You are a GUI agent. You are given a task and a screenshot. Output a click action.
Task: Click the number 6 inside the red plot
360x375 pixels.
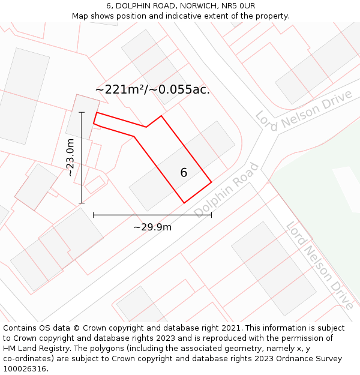[184, 173]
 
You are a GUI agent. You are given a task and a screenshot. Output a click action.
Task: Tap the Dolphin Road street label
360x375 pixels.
[226, 190]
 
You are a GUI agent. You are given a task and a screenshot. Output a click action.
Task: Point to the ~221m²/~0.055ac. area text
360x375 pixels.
[152, 89]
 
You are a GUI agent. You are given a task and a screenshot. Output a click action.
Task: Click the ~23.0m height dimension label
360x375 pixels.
[70, 157]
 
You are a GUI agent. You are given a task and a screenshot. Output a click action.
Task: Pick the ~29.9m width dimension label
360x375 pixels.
[152, 227]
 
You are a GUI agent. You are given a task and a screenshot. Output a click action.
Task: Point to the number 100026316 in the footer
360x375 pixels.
[24, 368]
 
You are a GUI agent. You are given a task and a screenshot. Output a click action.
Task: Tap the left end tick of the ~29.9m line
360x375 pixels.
[94, 214]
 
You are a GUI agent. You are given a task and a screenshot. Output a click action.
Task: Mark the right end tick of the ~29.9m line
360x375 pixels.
[211, 214]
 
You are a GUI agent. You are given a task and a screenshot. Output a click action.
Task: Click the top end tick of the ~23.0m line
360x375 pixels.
[82, 112]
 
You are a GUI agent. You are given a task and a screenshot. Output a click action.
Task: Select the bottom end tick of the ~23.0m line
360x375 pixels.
[82, 203]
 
